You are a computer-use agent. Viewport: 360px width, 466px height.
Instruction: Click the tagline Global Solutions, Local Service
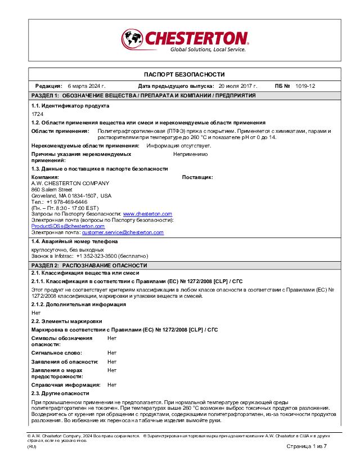click(208, 50)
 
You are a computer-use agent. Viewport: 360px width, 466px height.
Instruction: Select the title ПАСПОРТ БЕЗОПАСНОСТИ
click(184, 74)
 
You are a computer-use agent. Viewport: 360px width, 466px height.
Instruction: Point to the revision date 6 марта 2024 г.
click(87, 86)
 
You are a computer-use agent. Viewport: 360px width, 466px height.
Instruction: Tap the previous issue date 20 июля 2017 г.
click(238, 86)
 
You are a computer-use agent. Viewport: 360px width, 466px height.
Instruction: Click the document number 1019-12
click(305, 86)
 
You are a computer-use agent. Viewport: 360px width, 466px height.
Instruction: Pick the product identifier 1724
click(37, 114)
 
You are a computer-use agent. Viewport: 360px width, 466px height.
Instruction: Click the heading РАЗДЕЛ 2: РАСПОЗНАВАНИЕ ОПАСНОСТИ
click(89, 265)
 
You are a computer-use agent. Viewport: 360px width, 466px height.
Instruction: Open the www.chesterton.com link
click(147, 214)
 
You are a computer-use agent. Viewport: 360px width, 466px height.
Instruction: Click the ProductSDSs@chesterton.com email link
click(67, 226)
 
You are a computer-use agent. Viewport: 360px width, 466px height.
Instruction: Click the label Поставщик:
click(197, 177)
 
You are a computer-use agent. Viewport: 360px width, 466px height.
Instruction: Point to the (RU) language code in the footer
click(32, 446)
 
